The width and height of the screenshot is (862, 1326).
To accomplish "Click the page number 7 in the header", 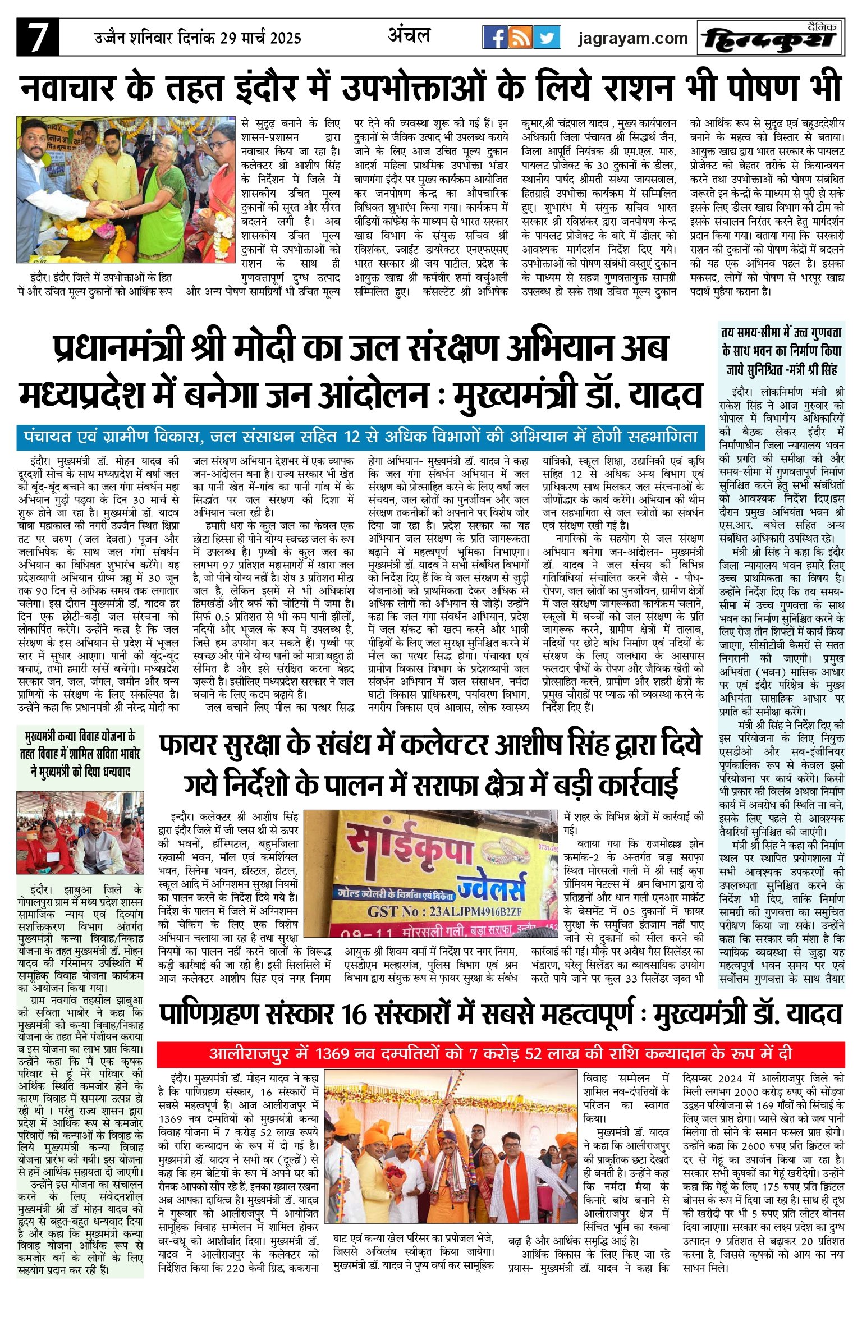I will click(x=38, y=38).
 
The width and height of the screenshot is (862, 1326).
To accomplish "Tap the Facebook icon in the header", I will click(x=495, y=38).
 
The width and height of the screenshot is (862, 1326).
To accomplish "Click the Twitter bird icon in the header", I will click(x=547, y=38).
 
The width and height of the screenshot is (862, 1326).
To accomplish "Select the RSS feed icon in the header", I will click(x=521, y=38).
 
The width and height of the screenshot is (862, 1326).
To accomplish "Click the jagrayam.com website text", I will click(x=633, y=38).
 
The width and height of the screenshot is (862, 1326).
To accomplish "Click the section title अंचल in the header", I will click(x=409, y=36).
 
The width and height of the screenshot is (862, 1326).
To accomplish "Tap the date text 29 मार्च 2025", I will click(x=260, y=38).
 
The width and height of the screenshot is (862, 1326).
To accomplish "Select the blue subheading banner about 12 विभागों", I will click(x=360, y=437).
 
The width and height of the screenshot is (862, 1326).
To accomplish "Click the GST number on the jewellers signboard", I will click(x=444, y=912).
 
